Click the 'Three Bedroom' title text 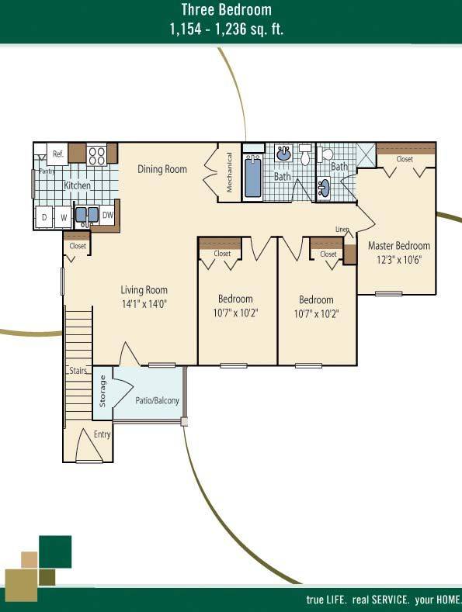tap(226, 10)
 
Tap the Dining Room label tap(162, 169)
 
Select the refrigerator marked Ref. tap(58, 154)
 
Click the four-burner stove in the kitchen tap(97, 156)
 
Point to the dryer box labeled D tap(44, 217)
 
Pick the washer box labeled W tap(64, 217)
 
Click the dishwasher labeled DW tap(107, 215)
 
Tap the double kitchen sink tap(86, 216)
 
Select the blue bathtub tap(253, 177)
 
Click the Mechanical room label tap(229, 172)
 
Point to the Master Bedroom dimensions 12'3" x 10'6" tap(399, 260)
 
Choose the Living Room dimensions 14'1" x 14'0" tap(144, 304)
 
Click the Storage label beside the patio tap(102, 391)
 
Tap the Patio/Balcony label tap(157, 400)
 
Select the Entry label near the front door tap(102, 434)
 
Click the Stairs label tap(78, 371)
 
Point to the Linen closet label tap(342, 229)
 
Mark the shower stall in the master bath tap(366, 156)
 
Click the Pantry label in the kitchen tap(47, 171)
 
